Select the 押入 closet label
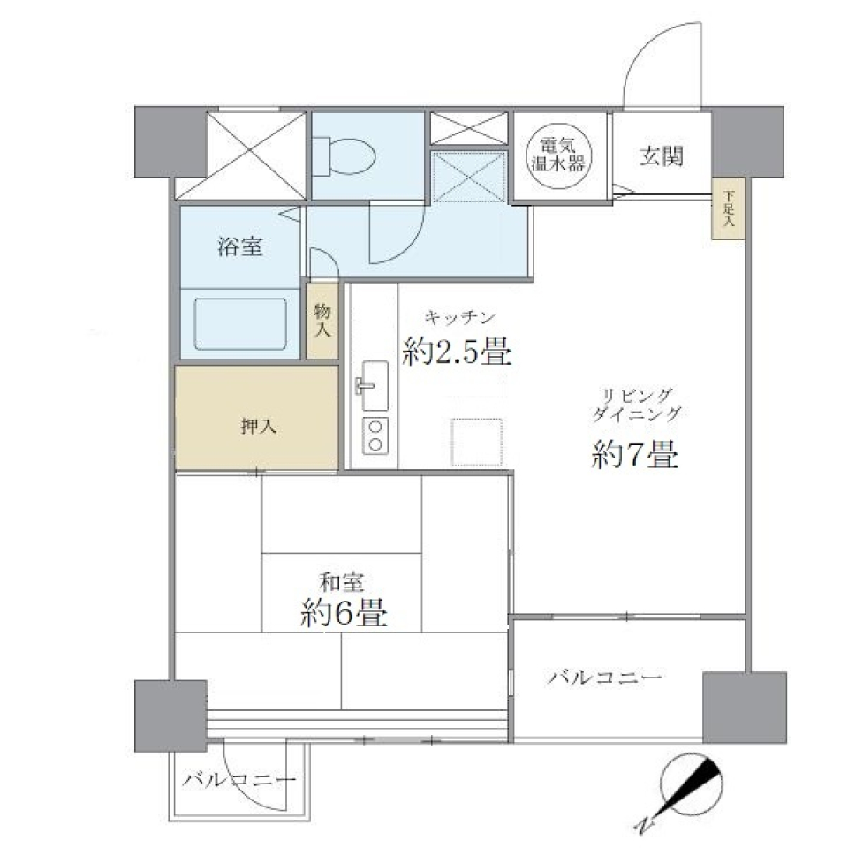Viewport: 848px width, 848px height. (x=258, y=427)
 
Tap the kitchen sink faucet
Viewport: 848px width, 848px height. (x=366, y=385)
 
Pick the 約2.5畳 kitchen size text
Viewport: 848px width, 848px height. (x=457, y=352)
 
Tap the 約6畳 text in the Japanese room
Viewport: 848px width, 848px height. (x=343, y=611)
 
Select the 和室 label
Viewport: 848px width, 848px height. (x=342, y=582)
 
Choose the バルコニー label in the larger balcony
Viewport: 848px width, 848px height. (x=604, y=678)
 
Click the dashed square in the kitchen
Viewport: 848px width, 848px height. (x=478, y=441)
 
